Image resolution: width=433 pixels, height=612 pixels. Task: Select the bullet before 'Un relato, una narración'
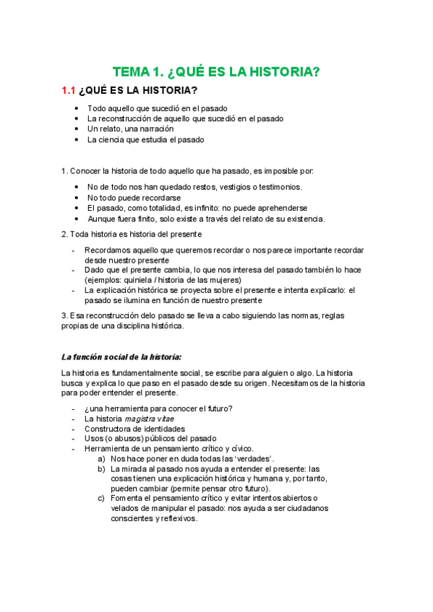[x=77, y=129]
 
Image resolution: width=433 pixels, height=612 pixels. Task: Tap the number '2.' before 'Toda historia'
[x=64, y=235]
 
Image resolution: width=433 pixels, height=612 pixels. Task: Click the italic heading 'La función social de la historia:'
[x=121, y=357]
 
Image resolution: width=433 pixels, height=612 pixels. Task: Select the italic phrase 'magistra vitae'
[x=150, y=419]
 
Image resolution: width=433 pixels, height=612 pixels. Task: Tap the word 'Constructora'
[x=109, y=429]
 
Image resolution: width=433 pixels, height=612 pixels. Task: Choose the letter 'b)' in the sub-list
[x=101, y=468]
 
